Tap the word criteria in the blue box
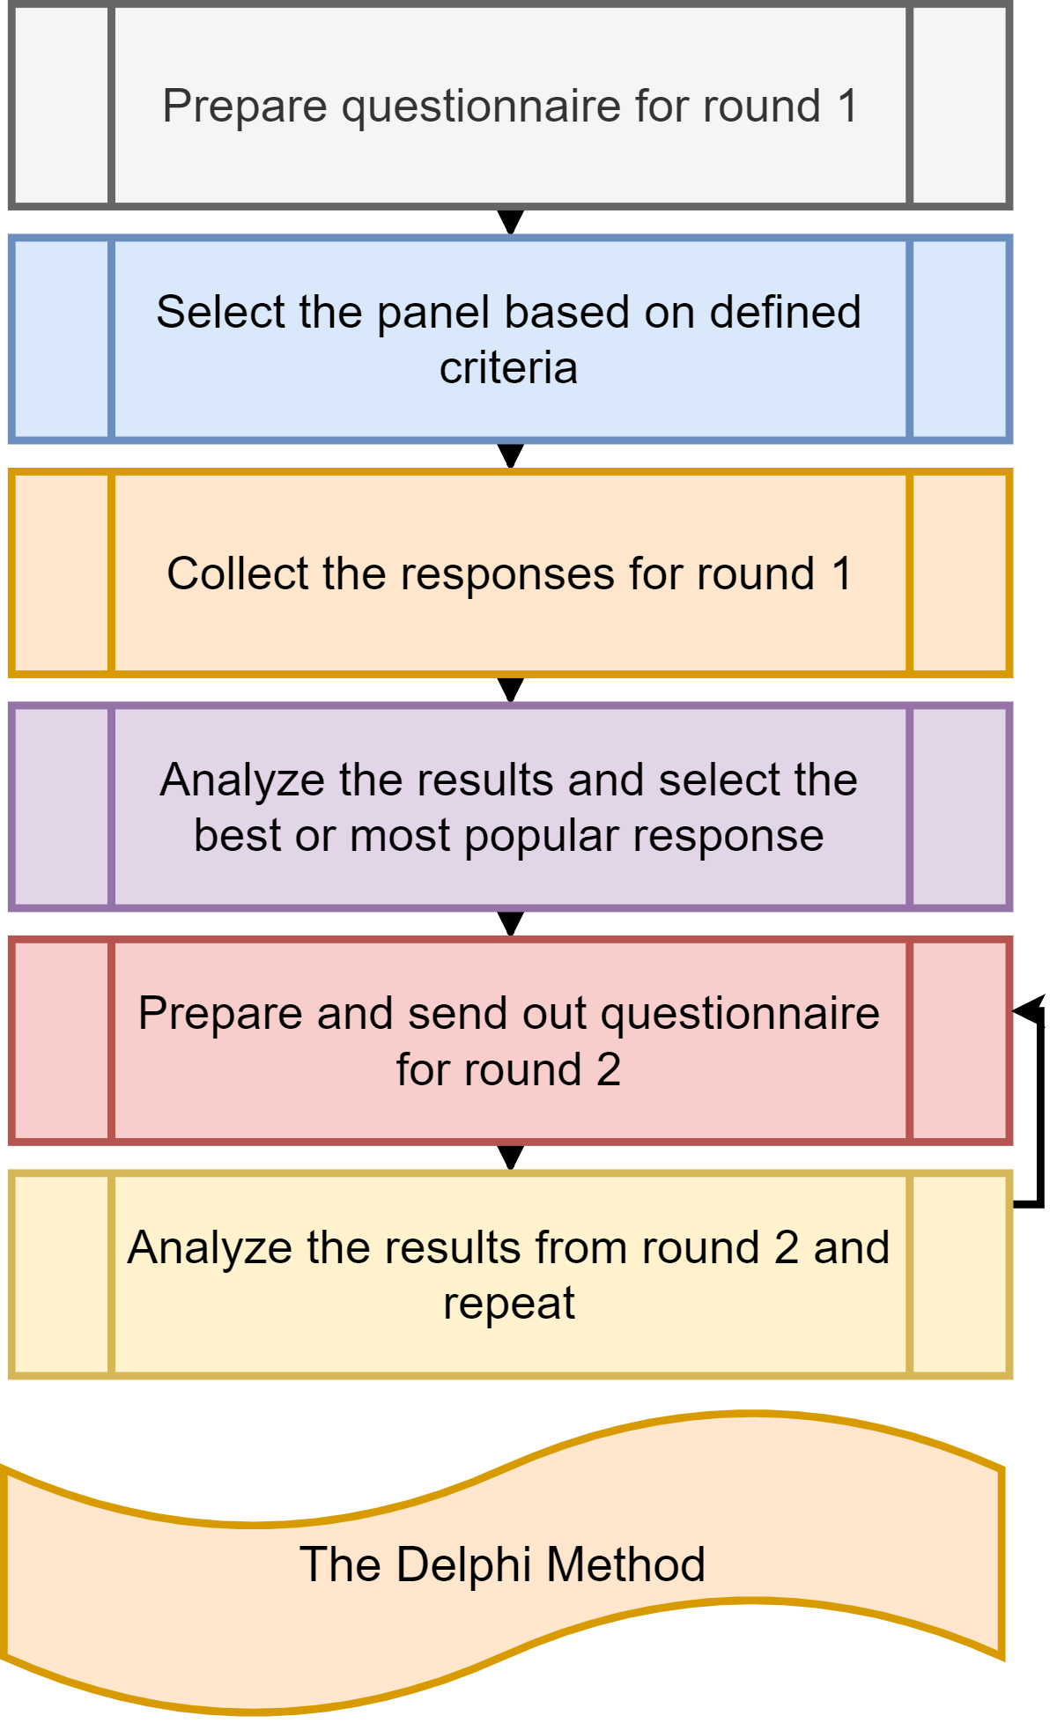(x=508, y=368)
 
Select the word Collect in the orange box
(x=238, y=574)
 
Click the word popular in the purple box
(x=536, y=837)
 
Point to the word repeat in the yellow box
(x=508, y=1305)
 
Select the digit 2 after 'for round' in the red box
(x=609, y=1070)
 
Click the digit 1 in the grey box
(x=847, y=107)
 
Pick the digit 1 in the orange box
(x=841, y=574)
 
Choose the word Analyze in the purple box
(x=233, y=780)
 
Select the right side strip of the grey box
(x=959, y=106)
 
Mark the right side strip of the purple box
(x=959, y=807)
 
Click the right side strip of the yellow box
(x=959, y=1274)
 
